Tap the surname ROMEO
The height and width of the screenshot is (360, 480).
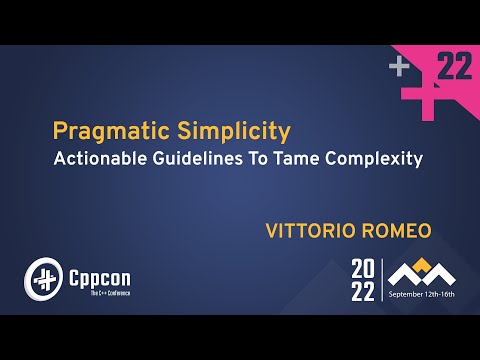(x=393, y=231)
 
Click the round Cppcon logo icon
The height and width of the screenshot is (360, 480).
(x=42, y=277)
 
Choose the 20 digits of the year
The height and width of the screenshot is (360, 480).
(x=364, y=268)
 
